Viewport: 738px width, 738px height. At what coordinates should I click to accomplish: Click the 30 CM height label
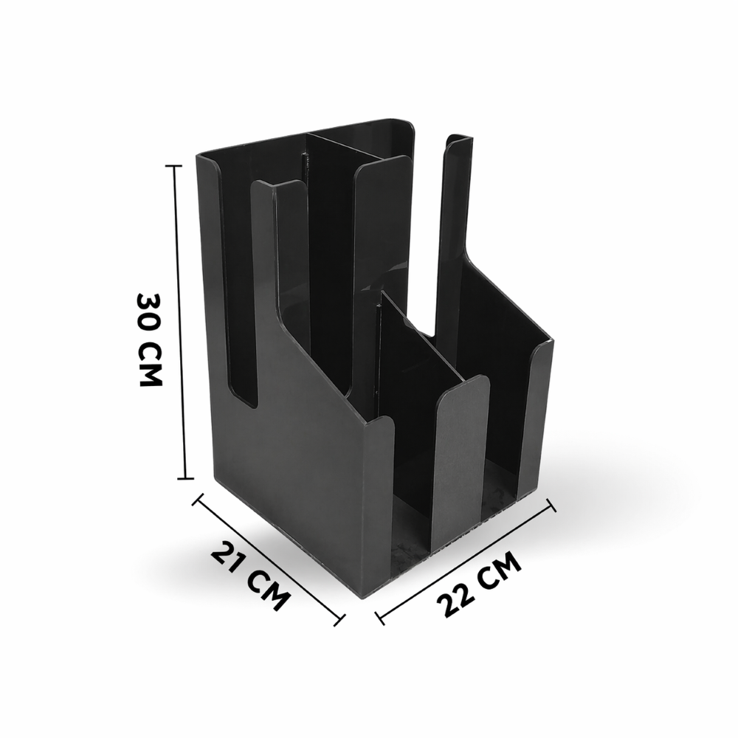tap(149, 339)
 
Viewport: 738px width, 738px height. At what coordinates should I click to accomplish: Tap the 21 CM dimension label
tap(249, 576)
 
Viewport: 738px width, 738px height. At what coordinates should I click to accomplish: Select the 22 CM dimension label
tap(479, 584)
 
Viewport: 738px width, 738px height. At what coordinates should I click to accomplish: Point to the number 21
tap(230, 559)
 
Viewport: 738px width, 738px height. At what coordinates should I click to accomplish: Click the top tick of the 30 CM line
tap(174, 165)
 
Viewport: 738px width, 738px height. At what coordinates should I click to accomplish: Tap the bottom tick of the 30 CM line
tap(185, 479)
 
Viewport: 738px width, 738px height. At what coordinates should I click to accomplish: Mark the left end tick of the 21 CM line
tap(198, 499)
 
